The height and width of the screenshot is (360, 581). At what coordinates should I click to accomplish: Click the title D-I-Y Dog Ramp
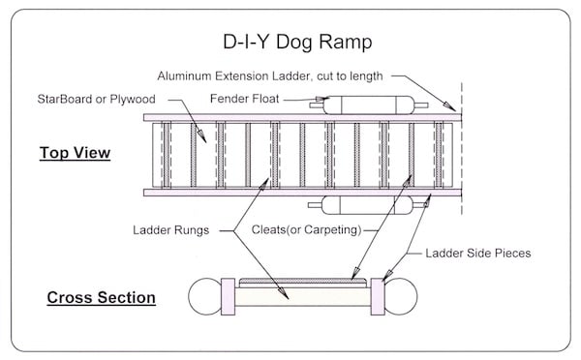290,44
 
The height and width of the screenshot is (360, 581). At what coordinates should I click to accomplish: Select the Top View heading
75,153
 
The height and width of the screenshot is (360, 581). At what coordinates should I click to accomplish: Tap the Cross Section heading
102,297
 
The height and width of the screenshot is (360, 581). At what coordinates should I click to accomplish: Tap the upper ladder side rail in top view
300,118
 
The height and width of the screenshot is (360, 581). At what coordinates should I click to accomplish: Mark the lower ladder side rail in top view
300,192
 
